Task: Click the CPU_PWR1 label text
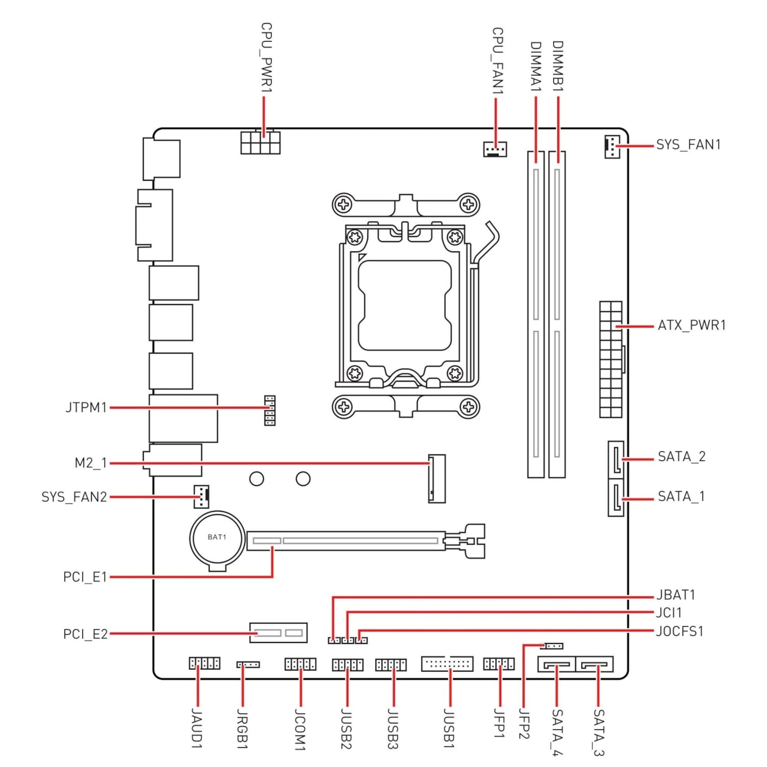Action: (266, 58)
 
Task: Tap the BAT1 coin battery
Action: (217, 538)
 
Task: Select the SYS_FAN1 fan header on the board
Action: (612, 146)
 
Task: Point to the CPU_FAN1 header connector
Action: (495, 149)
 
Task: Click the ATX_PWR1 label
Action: (692, 325)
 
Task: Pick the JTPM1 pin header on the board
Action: (270, 410)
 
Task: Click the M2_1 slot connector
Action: (437, 478)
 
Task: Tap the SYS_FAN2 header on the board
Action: (201, 497)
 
